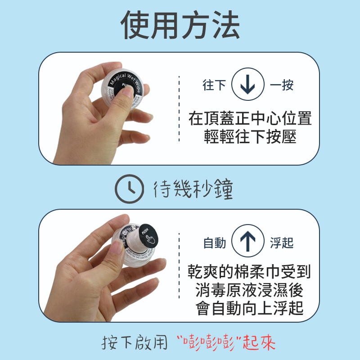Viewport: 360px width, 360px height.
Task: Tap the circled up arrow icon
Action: click(x=247, y=242)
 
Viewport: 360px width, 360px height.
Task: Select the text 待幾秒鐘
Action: click(x=193, y=189)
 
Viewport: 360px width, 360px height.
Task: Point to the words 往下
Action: click(x=214, y=85)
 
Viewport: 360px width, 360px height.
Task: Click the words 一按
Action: click(x=282, y=85)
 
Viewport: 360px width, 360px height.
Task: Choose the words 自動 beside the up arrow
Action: click(x=215, y=243)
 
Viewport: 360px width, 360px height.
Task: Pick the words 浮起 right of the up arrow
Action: click(x=282, y=243)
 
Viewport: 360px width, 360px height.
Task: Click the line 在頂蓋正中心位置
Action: click(x=250, y=119)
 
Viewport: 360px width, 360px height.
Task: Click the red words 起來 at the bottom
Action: click(x=259, y=343)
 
